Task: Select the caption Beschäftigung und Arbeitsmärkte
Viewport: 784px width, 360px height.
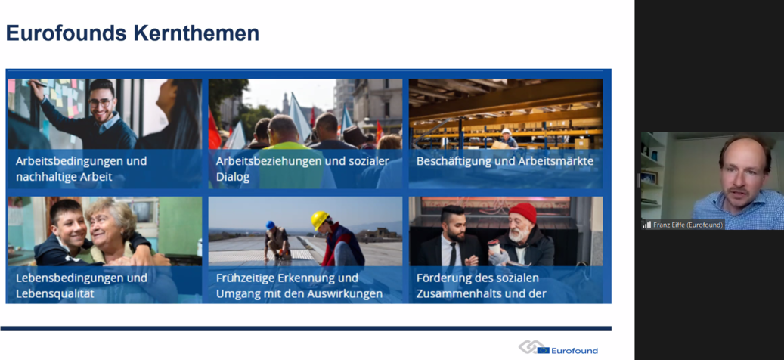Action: point(505,162)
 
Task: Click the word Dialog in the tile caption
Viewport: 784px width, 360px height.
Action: point(233,177)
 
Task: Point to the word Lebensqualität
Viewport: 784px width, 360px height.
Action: point(54,293)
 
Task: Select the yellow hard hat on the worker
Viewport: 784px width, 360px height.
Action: point(319,219)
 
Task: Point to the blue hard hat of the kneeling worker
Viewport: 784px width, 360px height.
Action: point(270,225)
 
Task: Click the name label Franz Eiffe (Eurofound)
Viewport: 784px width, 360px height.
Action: point(688,225)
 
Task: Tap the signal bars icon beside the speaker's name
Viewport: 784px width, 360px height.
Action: point(647,225)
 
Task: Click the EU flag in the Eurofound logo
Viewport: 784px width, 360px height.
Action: point(543,350)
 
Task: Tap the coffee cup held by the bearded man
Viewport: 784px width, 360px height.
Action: point(494,247)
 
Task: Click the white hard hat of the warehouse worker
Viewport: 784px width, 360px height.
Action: point(506,132)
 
